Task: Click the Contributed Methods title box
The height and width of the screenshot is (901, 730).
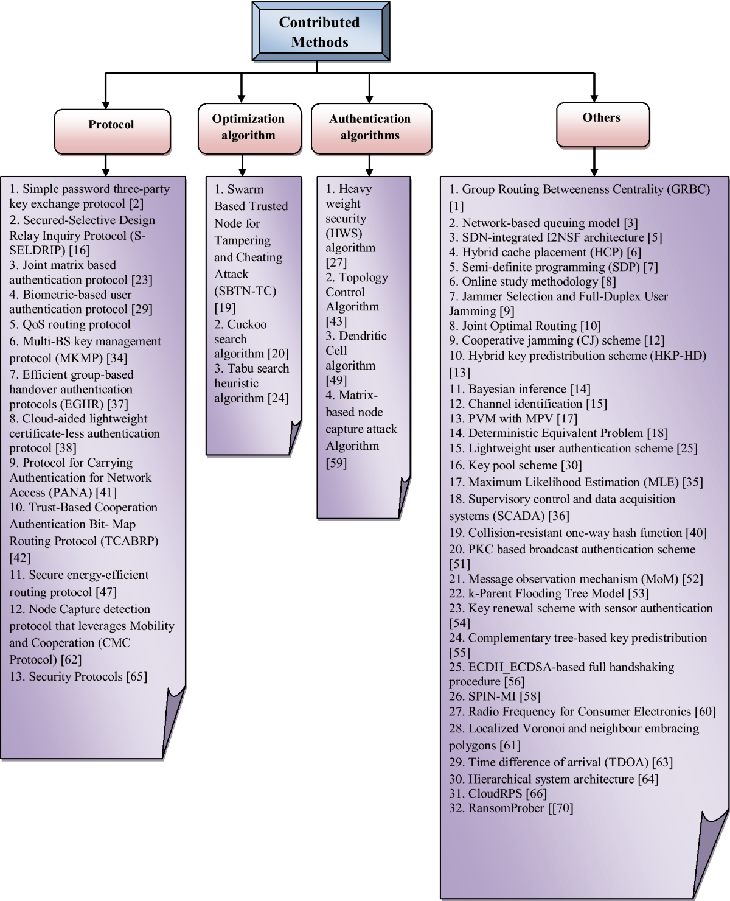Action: pyautogui.click(x=319, y=32)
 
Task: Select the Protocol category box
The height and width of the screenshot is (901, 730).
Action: pyautogui.click(x=111, y=125)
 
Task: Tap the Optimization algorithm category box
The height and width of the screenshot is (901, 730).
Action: pyautogui.click(x=248, y=127)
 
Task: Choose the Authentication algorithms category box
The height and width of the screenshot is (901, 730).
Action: pyautogui.click(x=370, y=127)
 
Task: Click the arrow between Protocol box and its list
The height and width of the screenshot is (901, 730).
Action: pyautogui.click(x=106, y=165)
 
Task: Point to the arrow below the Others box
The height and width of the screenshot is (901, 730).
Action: pyautogui.click(x=594, y=163)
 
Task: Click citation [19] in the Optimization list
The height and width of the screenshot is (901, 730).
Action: pyautogui.click(x=224, y=307)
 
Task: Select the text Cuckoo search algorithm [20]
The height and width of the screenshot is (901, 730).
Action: pyautogui.click(x=250, y=339)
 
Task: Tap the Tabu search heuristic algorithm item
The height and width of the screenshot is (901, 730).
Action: pyautogui.click(x=251, y=383)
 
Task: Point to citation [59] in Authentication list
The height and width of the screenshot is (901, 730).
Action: pyautogui.click(x=336, y=463)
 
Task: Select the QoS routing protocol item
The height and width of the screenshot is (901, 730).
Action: pyautogui.click(x=70, y=324)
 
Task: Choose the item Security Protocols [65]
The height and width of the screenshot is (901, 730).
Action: pyautogui.click(x=78, y=677)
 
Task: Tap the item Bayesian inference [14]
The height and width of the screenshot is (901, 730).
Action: pyautogui.click(x=520, y=389)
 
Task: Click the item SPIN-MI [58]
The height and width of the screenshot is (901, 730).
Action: pyautogui.click(x=494, y=696)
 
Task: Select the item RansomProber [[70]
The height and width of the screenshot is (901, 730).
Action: pyautogui.click(x=511, y=808)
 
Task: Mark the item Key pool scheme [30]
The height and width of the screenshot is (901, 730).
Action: pyautogui.click(x=515, y=466)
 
